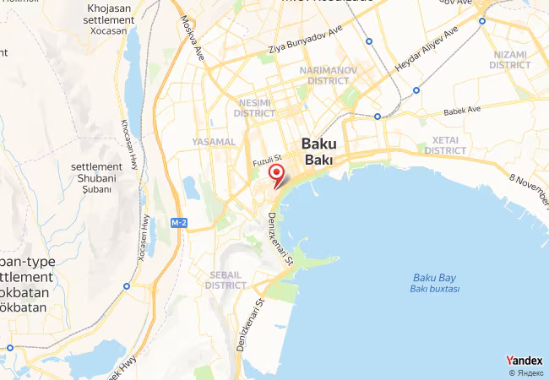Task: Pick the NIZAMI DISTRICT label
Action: pyautogui.click(x=508, y=59)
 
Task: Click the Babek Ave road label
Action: pyautogui.click(x=462, y=110)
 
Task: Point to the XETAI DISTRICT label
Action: pyautogui.click(x=444, y=144)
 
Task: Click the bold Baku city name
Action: pyautogui.click(x=318, y=151)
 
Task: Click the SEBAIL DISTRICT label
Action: pyautogui.click(x=226, y=280)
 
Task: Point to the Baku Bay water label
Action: pyautogui.click(x=436, y=283)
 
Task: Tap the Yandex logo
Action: pyautogui.click(x=525, y=361)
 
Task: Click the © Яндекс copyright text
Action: pyautogui.click(x=526, y=372)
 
